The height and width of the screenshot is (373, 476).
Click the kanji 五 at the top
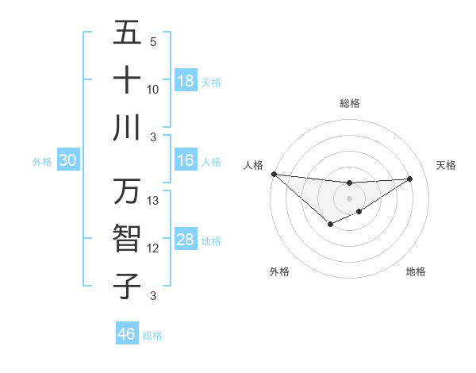[x=127, y=33]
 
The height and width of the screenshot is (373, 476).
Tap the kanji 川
[x=127, y=128]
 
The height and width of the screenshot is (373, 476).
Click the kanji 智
[x=127, y=239]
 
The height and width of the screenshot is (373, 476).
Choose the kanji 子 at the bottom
[x=127, y=286]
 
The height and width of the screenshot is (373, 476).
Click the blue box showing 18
[x=186, y=80]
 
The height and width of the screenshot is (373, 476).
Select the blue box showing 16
[x=186, y=160]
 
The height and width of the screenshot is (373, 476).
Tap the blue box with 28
[x=186, y=240]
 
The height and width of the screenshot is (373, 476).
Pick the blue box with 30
[x=67, y=160]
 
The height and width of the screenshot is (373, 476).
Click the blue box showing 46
[x=126, y=333]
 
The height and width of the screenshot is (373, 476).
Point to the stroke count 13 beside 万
[x=153, y=201]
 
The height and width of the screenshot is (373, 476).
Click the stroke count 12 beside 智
[x=153, y=248]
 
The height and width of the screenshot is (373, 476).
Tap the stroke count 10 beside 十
[x=153, y=89]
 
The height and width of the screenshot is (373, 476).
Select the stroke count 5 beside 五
[x=153, y=41]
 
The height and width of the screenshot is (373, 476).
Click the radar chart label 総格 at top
[x=349, y=103]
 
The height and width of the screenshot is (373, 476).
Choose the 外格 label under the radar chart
[x=279, y=271]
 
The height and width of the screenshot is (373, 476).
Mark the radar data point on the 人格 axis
[x=274, y=174]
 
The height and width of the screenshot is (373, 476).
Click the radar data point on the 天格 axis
[x=410, y=179]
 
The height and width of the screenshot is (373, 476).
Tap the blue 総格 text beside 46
[x=152, y=336]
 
